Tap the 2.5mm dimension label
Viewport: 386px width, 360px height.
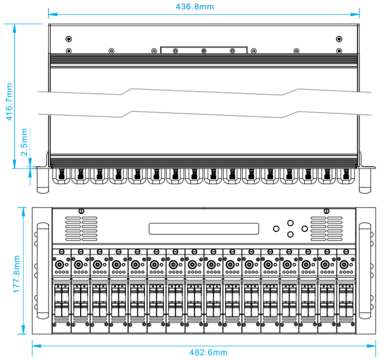tap(24, 143)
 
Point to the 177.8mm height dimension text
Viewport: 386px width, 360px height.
tap(16, 271)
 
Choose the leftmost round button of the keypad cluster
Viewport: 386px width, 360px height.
tap(276, 229)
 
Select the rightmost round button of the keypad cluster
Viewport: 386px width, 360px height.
tap(304, 229)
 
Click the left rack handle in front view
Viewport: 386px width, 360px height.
tap(41, 271)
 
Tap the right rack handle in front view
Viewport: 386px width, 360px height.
tap(365, 271)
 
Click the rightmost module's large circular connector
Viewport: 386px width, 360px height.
tap(344, 265)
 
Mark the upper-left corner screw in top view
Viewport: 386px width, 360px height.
tap(68, 39)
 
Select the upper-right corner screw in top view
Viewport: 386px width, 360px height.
tap(339, 39)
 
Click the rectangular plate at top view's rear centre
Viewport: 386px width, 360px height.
tap(203, 50)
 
